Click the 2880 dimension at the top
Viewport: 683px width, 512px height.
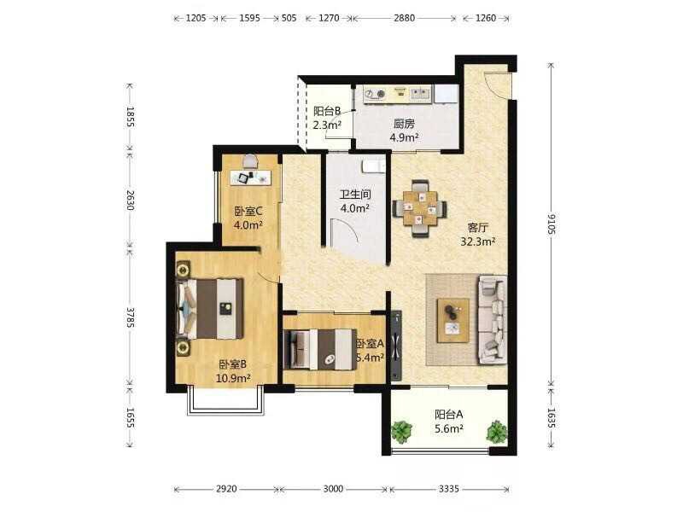[x=404, y=18]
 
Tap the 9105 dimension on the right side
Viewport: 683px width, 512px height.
[x=552, y=224]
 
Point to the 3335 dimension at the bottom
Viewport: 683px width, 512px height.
[x=449, y=489]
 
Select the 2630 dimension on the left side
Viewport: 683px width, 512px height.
[x=131, y=200]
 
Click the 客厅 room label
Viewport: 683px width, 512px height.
[x=478, y=227]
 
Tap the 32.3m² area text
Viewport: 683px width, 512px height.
[x=478, y=241]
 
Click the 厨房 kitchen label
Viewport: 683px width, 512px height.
[x=404, y=124]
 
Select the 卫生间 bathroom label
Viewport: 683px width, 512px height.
[x=355, y=195]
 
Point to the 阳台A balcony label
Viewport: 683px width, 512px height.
[x=449, y=415]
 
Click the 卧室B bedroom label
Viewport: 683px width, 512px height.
[x=233, y=364]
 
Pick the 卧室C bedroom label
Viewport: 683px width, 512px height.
[x=248, y=211]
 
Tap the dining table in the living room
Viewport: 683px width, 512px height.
[x=419, y=208]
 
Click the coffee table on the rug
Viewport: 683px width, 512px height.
[x=453, y=320]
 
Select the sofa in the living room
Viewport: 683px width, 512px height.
[x=493, y=319]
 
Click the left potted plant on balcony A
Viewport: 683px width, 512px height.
[x=401, y=432]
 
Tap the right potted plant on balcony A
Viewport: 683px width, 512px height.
[x=497, y=432]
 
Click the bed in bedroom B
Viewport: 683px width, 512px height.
[x=209, y=308]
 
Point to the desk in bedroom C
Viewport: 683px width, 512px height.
[x=250, y=177]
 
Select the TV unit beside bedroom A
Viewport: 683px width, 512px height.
[x=396, y=346]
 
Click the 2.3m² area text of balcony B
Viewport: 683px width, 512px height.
[x=327, y=125]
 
